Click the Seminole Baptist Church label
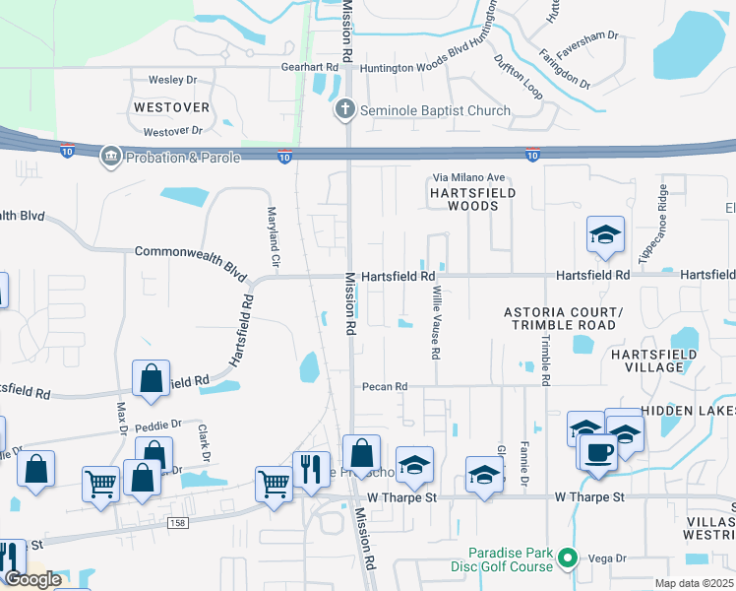[434, 110]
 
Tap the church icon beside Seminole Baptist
[345, 109]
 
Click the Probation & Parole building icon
[109, 155]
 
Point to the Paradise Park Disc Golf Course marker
[567, 558]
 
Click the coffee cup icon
[598, 451]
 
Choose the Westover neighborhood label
[164, 106]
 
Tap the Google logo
[32, 579]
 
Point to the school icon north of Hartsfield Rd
[605, 233]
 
